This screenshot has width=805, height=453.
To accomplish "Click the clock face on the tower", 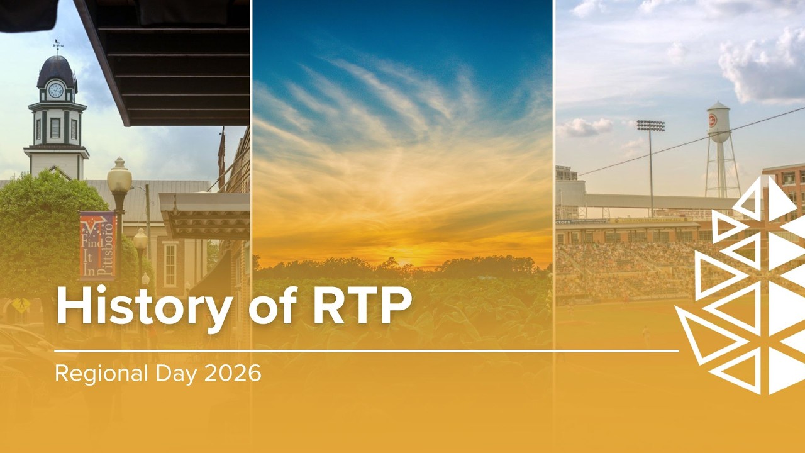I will pyautogui.click(x=56, y=91).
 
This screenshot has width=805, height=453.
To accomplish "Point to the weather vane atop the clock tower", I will pyautogui.click(x=58, y=45).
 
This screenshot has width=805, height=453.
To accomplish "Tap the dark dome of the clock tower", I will pyautogui.click(x=56, y=70).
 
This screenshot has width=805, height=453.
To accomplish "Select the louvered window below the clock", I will pyautogui.click(x=55, y=128).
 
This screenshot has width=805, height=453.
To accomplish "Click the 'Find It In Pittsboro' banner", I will pyautogui.click(x=97, y=245).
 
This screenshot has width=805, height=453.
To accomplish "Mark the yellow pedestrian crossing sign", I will pyautogui.click(x=21, y=305).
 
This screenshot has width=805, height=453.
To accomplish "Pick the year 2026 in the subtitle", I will pyautogui.click(x=232, y=373).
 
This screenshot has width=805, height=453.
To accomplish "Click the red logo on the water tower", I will pyautogui.click(x=713, y=120).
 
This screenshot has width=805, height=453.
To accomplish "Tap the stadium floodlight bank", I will pyautogui.click(x=650, y=125).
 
